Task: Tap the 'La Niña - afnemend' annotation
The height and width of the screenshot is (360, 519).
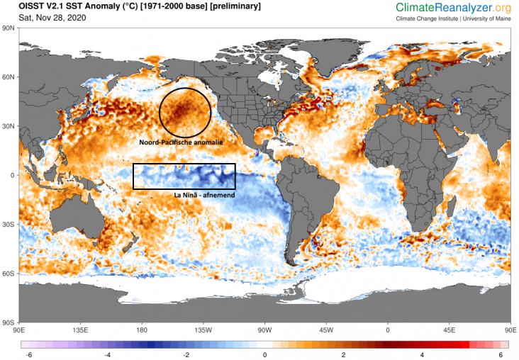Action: (205, 194)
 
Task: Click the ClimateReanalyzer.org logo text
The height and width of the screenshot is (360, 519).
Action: (454, 8)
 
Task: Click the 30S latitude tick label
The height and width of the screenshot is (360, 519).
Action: (9, 224)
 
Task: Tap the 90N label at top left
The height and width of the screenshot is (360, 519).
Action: (9, 28)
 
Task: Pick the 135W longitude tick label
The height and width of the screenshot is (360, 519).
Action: (203, 330)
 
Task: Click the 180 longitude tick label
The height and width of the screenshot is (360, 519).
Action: (141, 330)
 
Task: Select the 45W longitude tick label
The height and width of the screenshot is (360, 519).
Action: (326, 330)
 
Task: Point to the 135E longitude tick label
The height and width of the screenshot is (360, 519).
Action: (79, 330)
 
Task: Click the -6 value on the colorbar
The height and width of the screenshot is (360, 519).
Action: (28, 354)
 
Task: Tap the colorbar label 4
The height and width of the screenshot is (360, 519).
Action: (422, 354)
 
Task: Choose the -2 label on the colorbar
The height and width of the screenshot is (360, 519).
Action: (186, 354)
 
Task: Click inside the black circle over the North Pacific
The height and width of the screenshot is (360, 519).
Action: (185, 113)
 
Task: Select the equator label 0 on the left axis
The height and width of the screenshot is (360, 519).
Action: (13, 175)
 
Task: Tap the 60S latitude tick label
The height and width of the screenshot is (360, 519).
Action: (9, 273)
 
